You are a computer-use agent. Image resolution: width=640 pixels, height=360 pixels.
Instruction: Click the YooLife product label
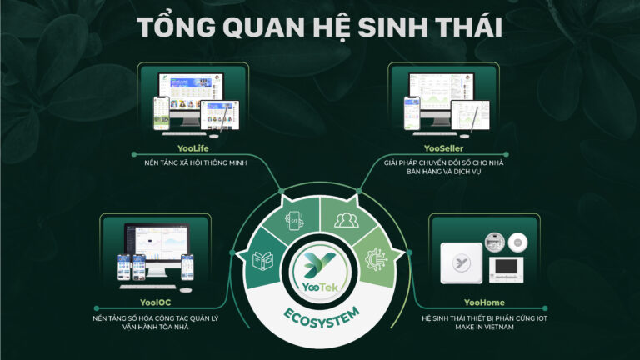coord(193,148)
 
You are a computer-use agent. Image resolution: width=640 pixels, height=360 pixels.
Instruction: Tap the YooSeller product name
coord(443,148)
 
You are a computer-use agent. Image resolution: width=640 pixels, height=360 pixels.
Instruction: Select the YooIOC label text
coord(156,302)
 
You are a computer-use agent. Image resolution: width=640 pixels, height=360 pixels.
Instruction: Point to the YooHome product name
coord(484,302)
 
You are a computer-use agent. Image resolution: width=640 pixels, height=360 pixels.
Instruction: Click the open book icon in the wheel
coord(262,261)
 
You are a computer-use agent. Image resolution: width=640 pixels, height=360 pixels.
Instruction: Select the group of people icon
coord(347,220)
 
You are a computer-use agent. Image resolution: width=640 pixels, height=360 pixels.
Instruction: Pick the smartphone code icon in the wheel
coord(294,221)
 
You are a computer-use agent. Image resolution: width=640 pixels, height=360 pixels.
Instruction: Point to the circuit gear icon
coord(376,260)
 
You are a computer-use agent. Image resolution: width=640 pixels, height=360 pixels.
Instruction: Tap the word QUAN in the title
coord(263,27)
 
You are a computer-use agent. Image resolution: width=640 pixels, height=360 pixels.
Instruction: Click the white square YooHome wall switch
coord(461,262)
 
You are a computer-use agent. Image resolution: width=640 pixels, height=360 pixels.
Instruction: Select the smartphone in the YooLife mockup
coord(161,113)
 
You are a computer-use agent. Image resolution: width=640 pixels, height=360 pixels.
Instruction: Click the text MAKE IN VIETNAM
coord(484,327)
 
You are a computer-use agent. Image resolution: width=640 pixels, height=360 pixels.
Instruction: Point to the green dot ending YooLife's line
coord(134,154)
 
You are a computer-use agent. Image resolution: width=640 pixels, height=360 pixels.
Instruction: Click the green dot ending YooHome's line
coord(545,308)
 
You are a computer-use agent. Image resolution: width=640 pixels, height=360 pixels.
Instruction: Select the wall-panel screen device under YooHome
coord(506,270)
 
